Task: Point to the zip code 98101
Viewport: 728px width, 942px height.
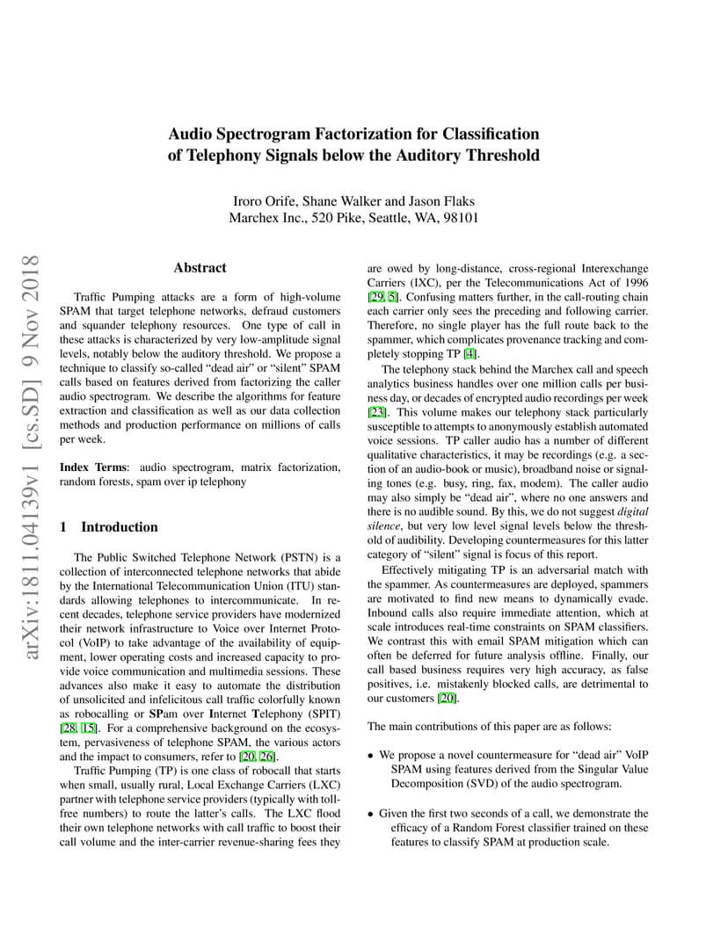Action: pyautogui.click(x=457, y=218)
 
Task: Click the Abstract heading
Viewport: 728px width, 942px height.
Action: pyautogui.click(x=200, y=268)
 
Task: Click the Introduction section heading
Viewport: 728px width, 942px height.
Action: pyautogui.click(x=120, y=527)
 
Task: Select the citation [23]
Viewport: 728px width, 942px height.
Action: pyautogui.click(x=376, y=412)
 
